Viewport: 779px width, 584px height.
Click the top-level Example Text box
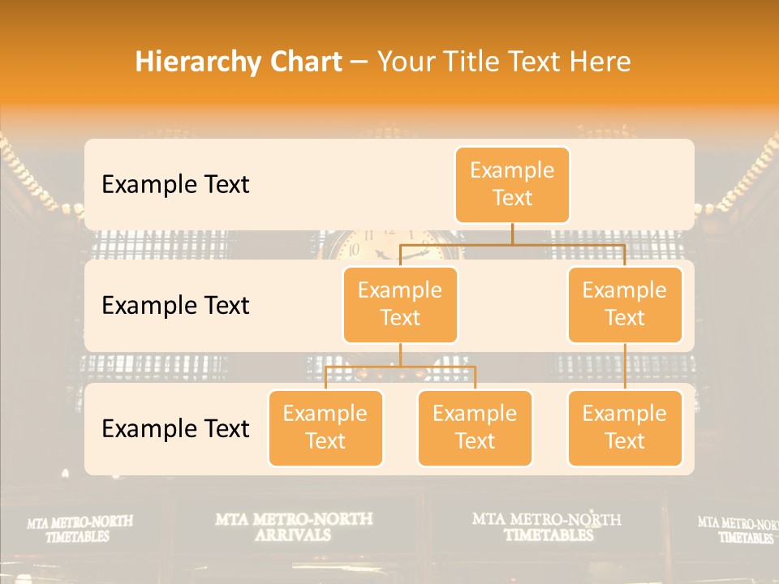coord(512,185)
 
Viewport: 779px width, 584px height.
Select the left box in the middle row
coord(400,304)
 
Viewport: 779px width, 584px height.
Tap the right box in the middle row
coord(625,304)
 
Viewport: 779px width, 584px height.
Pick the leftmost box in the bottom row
coord(325,427)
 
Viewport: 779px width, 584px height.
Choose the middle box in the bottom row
coord(475,427)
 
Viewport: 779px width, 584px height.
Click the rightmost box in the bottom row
coord(625,427)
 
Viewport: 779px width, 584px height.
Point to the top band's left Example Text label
coord(175,185)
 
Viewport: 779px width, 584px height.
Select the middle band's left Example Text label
coord(175,306)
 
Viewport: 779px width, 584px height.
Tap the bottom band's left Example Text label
coord(175,428)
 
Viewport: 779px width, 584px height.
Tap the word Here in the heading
coord(601,62)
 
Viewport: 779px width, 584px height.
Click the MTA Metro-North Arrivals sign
coord(294,526)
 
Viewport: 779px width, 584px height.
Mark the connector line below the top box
coord(512,234)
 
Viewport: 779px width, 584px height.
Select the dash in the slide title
coord(359,63)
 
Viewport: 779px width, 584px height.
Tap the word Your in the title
coord(406,62)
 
